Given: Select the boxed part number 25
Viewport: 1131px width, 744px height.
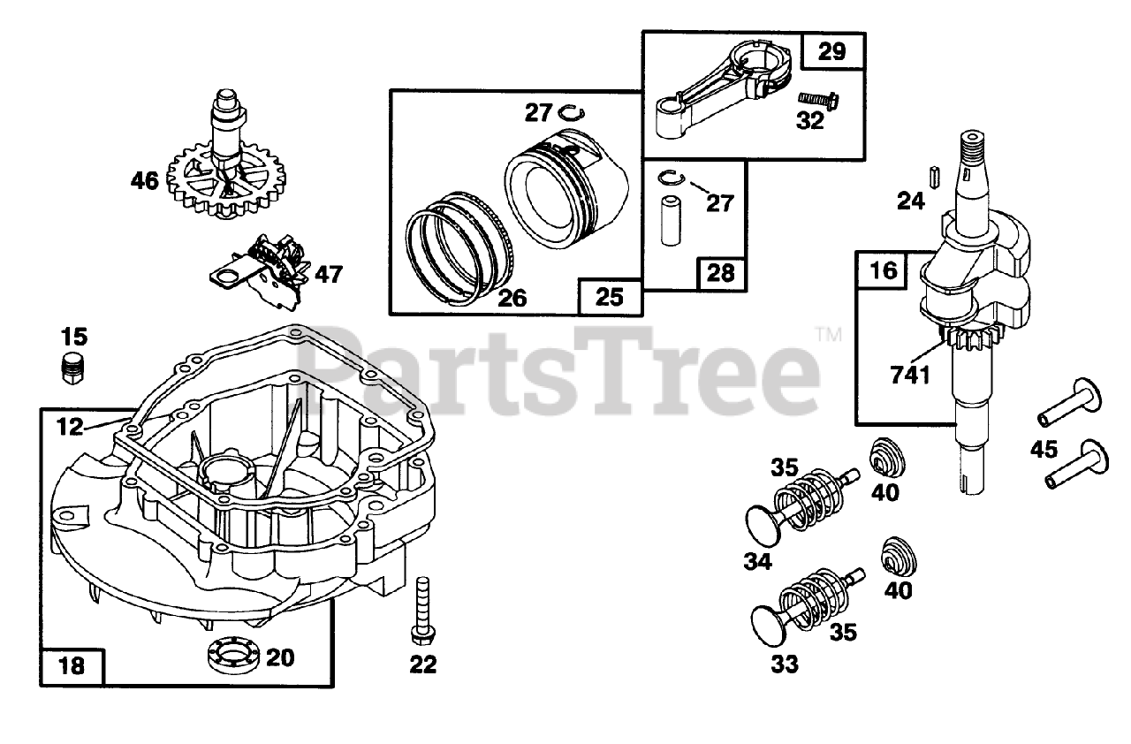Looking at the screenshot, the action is [x=610, y=297].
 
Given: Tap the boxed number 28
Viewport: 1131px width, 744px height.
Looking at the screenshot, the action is [x=721, y=272].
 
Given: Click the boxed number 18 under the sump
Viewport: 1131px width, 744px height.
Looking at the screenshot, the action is [x=72, y=664].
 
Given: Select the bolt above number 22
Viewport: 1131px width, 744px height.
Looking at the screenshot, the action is [x=420, y=609].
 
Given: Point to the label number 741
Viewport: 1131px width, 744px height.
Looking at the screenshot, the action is [x=910, y=376].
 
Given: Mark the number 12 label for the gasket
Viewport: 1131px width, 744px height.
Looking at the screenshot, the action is [x=70, y=427].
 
